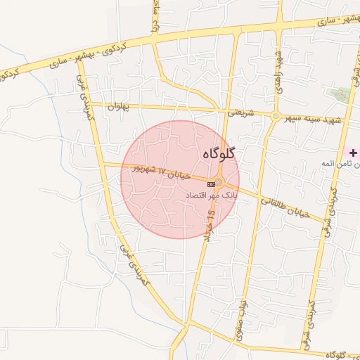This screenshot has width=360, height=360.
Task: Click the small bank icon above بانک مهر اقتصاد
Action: coord(211,184)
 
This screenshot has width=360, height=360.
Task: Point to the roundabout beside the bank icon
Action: coord(220,184)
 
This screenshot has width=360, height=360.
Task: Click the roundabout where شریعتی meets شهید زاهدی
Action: coord(276,115)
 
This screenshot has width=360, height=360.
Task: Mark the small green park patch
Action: coord(340,94)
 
